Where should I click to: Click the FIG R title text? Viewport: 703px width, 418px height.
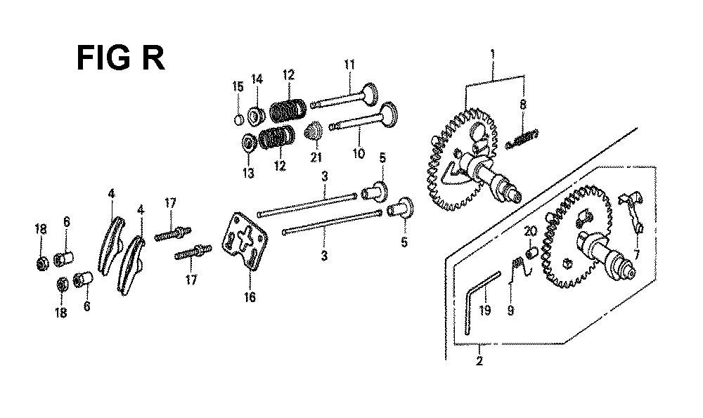[x=121, y=58]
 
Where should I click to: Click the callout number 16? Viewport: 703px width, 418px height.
[x=250, y=296]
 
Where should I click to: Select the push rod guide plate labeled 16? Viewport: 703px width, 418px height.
[x=246, y=242]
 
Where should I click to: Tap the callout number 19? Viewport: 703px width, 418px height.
[x=484, y=310]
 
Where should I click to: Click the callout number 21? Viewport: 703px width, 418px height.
[x=316, y=157]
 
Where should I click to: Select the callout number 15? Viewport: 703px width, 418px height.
[x=238, y=86]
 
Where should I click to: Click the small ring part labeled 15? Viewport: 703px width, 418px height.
[x=240, y=119]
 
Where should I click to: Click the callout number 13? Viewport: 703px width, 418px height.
[x=248, y=173]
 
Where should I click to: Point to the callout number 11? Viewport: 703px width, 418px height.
[x=349, y=65]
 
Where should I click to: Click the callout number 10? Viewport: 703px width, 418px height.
[x=359, y=154]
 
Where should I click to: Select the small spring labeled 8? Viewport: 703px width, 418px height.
[x=522, y=139]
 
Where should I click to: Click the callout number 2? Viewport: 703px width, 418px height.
[x=479, y=361]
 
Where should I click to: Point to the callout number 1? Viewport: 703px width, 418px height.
[x=493, y=55]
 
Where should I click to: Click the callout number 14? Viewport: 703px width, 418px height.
[x=257, y=79]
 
